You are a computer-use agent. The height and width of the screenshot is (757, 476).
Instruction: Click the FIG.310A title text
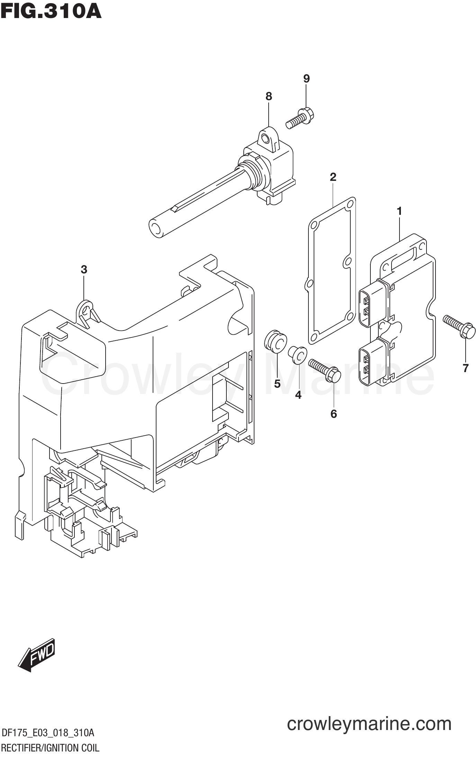coord(51,11)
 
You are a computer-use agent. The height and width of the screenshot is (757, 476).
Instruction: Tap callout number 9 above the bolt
coord(306,79)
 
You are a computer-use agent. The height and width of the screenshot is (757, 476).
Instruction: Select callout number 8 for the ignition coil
coord(269,96)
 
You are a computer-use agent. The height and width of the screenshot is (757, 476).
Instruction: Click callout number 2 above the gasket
coord(333,177)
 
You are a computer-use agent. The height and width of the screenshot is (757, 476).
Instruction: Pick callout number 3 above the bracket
coord(84,269)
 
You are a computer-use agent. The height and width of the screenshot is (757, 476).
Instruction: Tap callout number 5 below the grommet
coord(277,384)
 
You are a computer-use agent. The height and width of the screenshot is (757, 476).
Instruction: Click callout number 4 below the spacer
coord(298,395)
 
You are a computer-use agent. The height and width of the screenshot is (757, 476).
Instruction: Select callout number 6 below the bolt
coord(334,414)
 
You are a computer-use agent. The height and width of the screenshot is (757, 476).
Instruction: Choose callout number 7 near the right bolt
coord(466,368)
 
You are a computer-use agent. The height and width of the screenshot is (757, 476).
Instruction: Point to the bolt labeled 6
coord(325,370)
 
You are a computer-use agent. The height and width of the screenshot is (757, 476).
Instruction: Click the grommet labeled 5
coord(275,342)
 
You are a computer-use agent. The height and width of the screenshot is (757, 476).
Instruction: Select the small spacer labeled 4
coord(298,354)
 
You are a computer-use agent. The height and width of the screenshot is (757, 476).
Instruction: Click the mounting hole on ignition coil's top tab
coord(266,139)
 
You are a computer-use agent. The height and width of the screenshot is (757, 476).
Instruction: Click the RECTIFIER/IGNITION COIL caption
coord(51,748)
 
